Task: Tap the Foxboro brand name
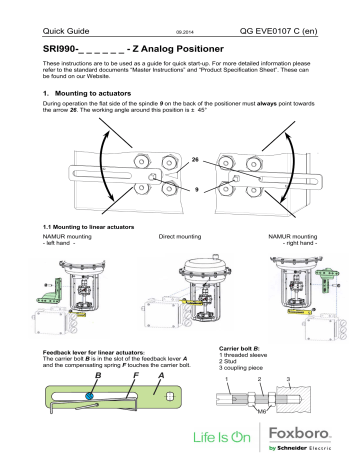314,430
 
